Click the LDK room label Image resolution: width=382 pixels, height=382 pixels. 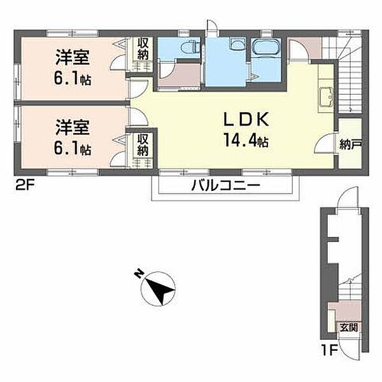pos(246,119)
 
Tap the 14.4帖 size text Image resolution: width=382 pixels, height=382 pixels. pos(246,140)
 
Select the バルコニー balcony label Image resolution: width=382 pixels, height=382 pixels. pos(225,186)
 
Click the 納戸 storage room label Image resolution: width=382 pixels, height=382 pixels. pos(350,145)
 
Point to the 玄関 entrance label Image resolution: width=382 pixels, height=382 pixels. pos(349,327)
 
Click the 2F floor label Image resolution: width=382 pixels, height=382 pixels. pos(25,186)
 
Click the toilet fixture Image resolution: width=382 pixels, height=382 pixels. pos(189,46)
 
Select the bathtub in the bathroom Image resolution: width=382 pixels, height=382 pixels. pos(266,48)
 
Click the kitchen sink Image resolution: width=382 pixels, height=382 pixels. pos(327,97)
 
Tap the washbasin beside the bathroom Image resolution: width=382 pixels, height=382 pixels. pos(237,44)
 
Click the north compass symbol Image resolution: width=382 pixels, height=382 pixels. pos(159,288)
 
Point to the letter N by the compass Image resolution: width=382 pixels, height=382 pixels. pos(139,274)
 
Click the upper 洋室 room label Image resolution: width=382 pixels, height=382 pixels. pos(73,57)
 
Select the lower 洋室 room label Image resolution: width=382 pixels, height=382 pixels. pos(73,127)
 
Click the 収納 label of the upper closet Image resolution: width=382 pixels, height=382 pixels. pos(143,50)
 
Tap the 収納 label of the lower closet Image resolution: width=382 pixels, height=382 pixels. pos(143,145)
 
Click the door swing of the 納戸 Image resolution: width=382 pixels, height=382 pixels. pos(324,144)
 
